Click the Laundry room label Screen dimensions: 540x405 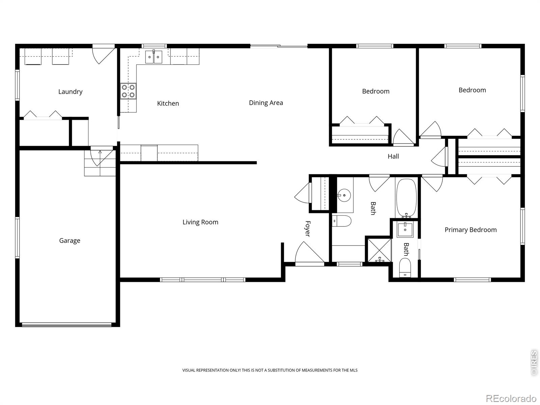click(70, 92)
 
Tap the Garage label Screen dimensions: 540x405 click(70, 241)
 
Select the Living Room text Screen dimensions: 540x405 click(200, 222)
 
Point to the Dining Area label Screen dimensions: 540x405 click(266, 103)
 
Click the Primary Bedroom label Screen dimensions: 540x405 click(470, 230)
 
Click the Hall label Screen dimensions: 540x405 click(393, 156)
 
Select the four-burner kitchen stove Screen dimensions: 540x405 click(128, 91)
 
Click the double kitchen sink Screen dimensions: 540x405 click(154, 57)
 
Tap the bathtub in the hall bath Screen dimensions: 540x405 click(407, 198)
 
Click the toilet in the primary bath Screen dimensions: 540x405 click(405, 268)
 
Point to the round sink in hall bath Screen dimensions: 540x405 click(344, 195)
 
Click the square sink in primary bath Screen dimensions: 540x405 click(405, 229)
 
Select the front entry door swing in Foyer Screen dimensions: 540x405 click(309, 252)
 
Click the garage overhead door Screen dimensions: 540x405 click(66, 325)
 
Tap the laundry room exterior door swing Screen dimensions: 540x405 click(103, 55)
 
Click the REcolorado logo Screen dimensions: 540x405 click(511, 398)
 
